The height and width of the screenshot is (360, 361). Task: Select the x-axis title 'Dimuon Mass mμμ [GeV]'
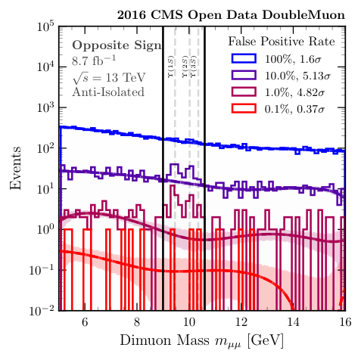point(201,341)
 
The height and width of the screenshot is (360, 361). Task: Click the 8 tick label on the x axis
point(137,321)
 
